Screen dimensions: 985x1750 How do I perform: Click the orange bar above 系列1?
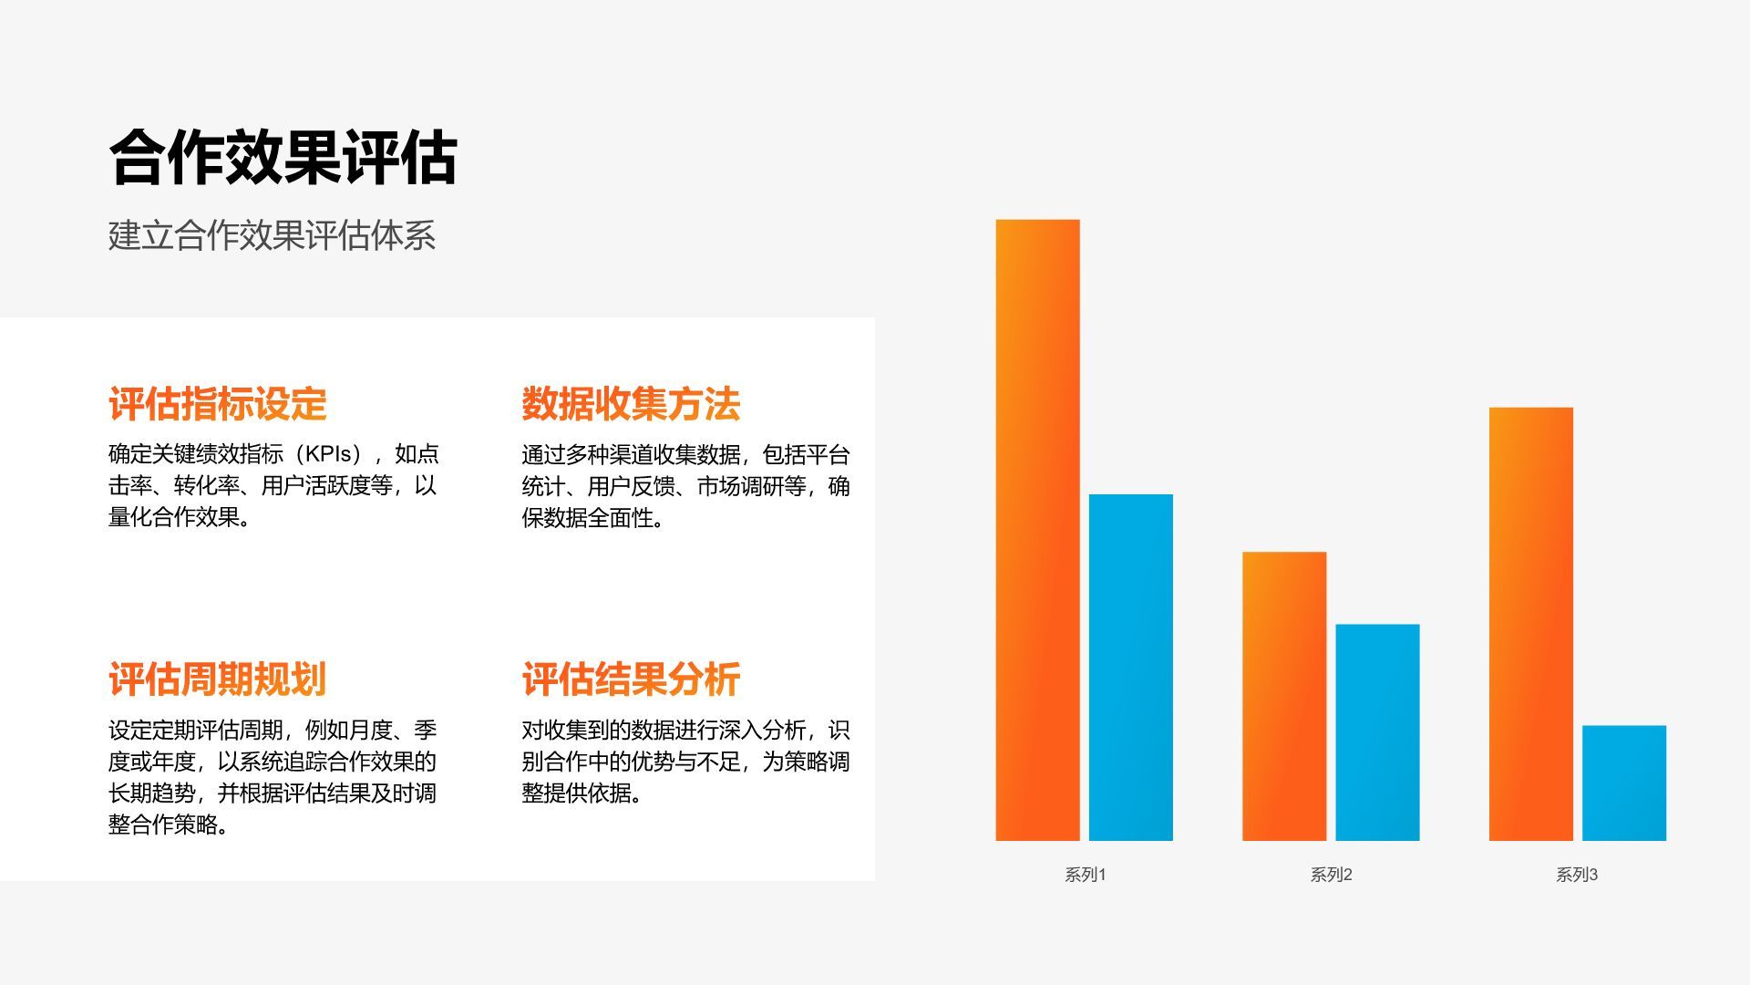click(x=1037, y=530)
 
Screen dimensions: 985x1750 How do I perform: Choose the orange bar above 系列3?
click(x=1530, y=624)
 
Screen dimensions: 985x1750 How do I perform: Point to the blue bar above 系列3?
click(x=1623, y=783)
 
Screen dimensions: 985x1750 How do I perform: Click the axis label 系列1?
click(x=1085, y=875)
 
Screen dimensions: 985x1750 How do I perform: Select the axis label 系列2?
click(x=1331, y=875)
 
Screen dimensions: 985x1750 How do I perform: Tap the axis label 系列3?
click(x=1577, y=875)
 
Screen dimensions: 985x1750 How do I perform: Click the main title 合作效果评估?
click(x=283, y=158)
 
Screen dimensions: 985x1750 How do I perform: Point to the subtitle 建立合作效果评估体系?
click(x=272, y=235)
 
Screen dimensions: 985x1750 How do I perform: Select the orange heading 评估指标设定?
click(x=217, y=404)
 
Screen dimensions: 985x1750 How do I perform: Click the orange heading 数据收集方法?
click(x=631, y=404)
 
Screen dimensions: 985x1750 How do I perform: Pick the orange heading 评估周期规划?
click(x=217, y=679)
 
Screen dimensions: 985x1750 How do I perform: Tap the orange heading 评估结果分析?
click(x=631, y=679)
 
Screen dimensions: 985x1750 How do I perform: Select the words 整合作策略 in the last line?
click(x=163, y=824)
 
